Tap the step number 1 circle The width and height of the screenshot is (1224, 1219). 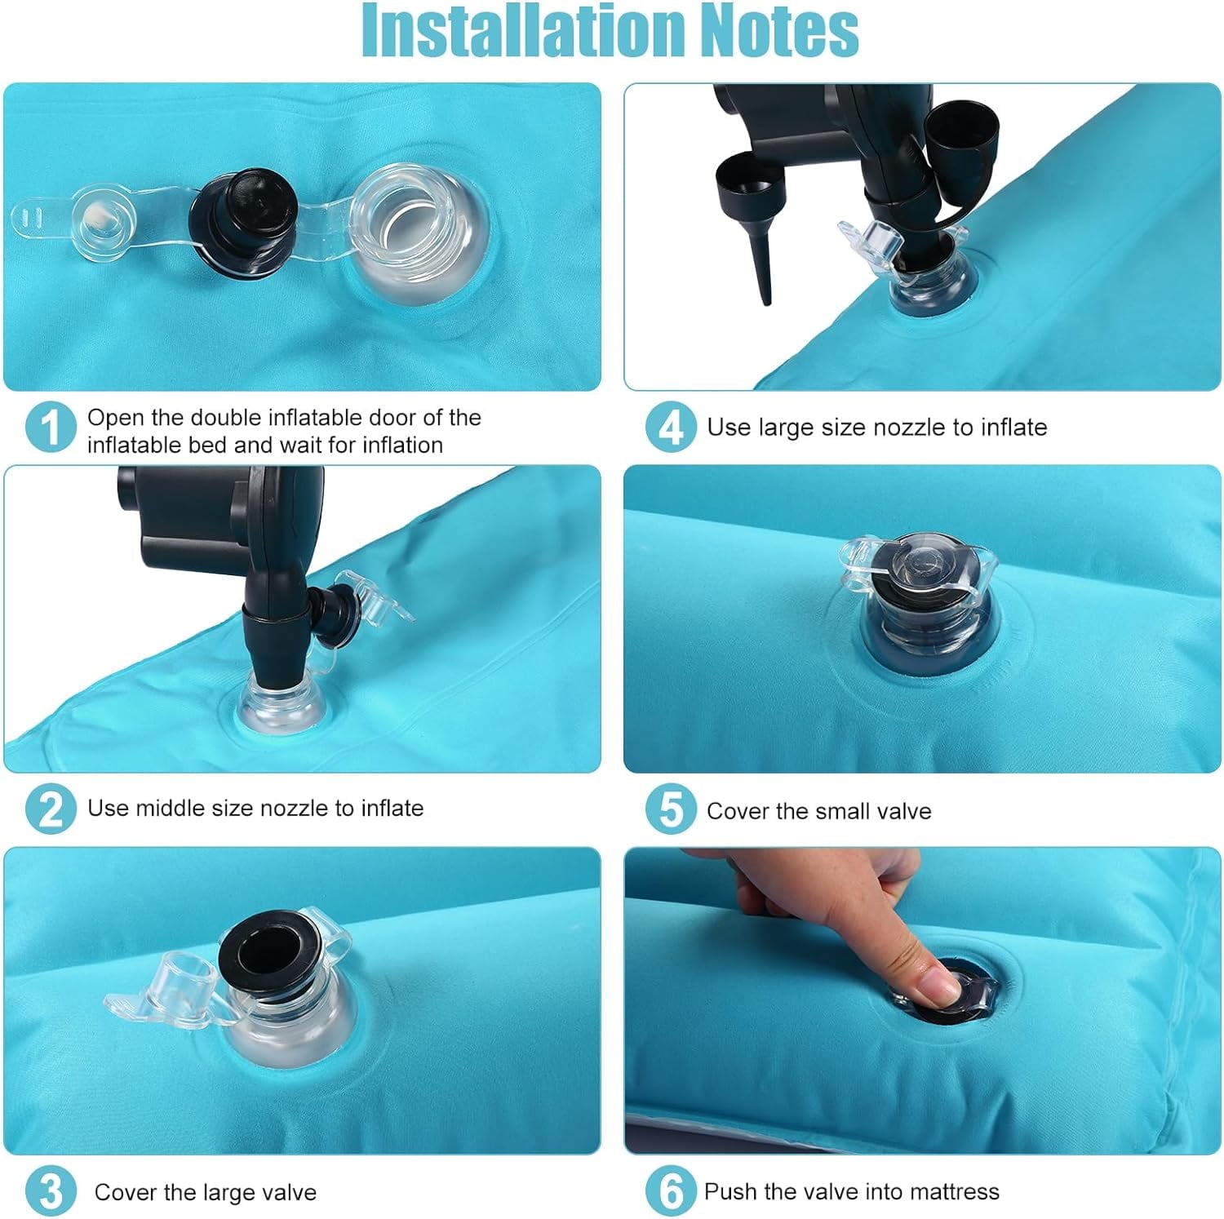pos(51,426)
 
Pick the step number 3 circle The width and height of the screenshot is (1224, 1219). pos(51,1191)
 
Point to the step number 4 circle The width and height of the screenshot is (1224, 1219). pos(671,426)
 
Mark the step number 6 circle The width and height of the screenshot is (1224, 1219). pos(671,1191)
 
